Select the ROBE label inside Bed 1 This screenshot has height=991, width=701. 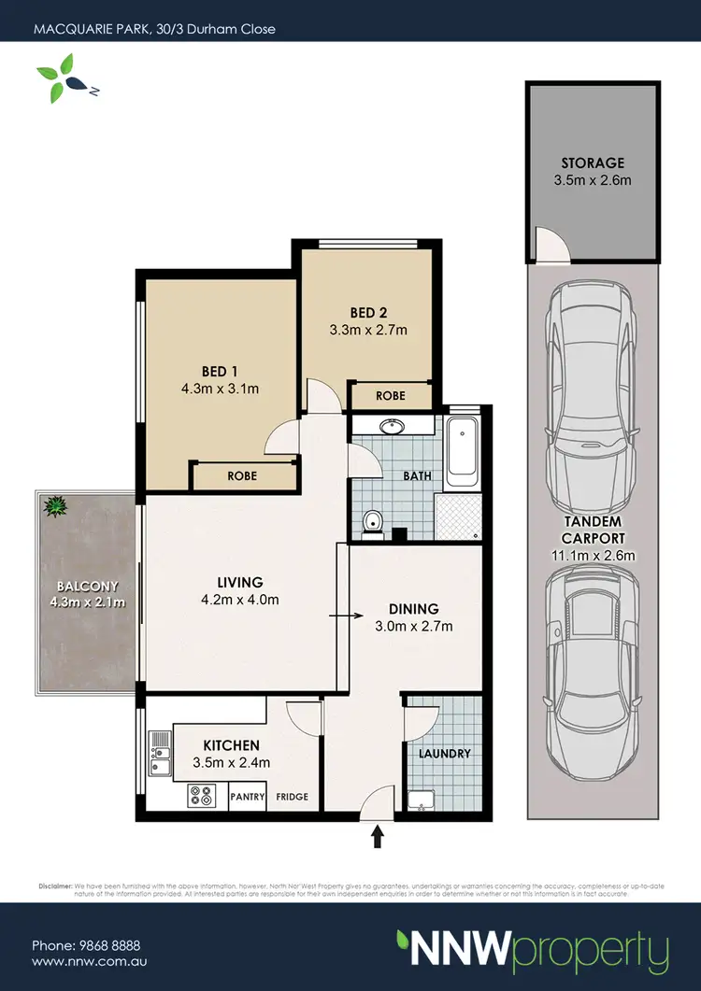242,476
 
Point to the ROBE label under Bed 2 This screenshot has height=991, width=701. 391,396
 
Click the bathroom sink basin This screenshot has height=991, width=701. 393,428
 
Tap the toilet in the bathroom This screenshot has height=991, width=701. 373,521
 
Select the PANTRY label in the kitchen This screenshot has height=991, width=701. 248,798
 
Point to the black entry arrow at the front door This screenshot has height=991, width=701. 379,837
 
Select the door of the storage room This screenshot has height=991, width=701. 551,245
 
